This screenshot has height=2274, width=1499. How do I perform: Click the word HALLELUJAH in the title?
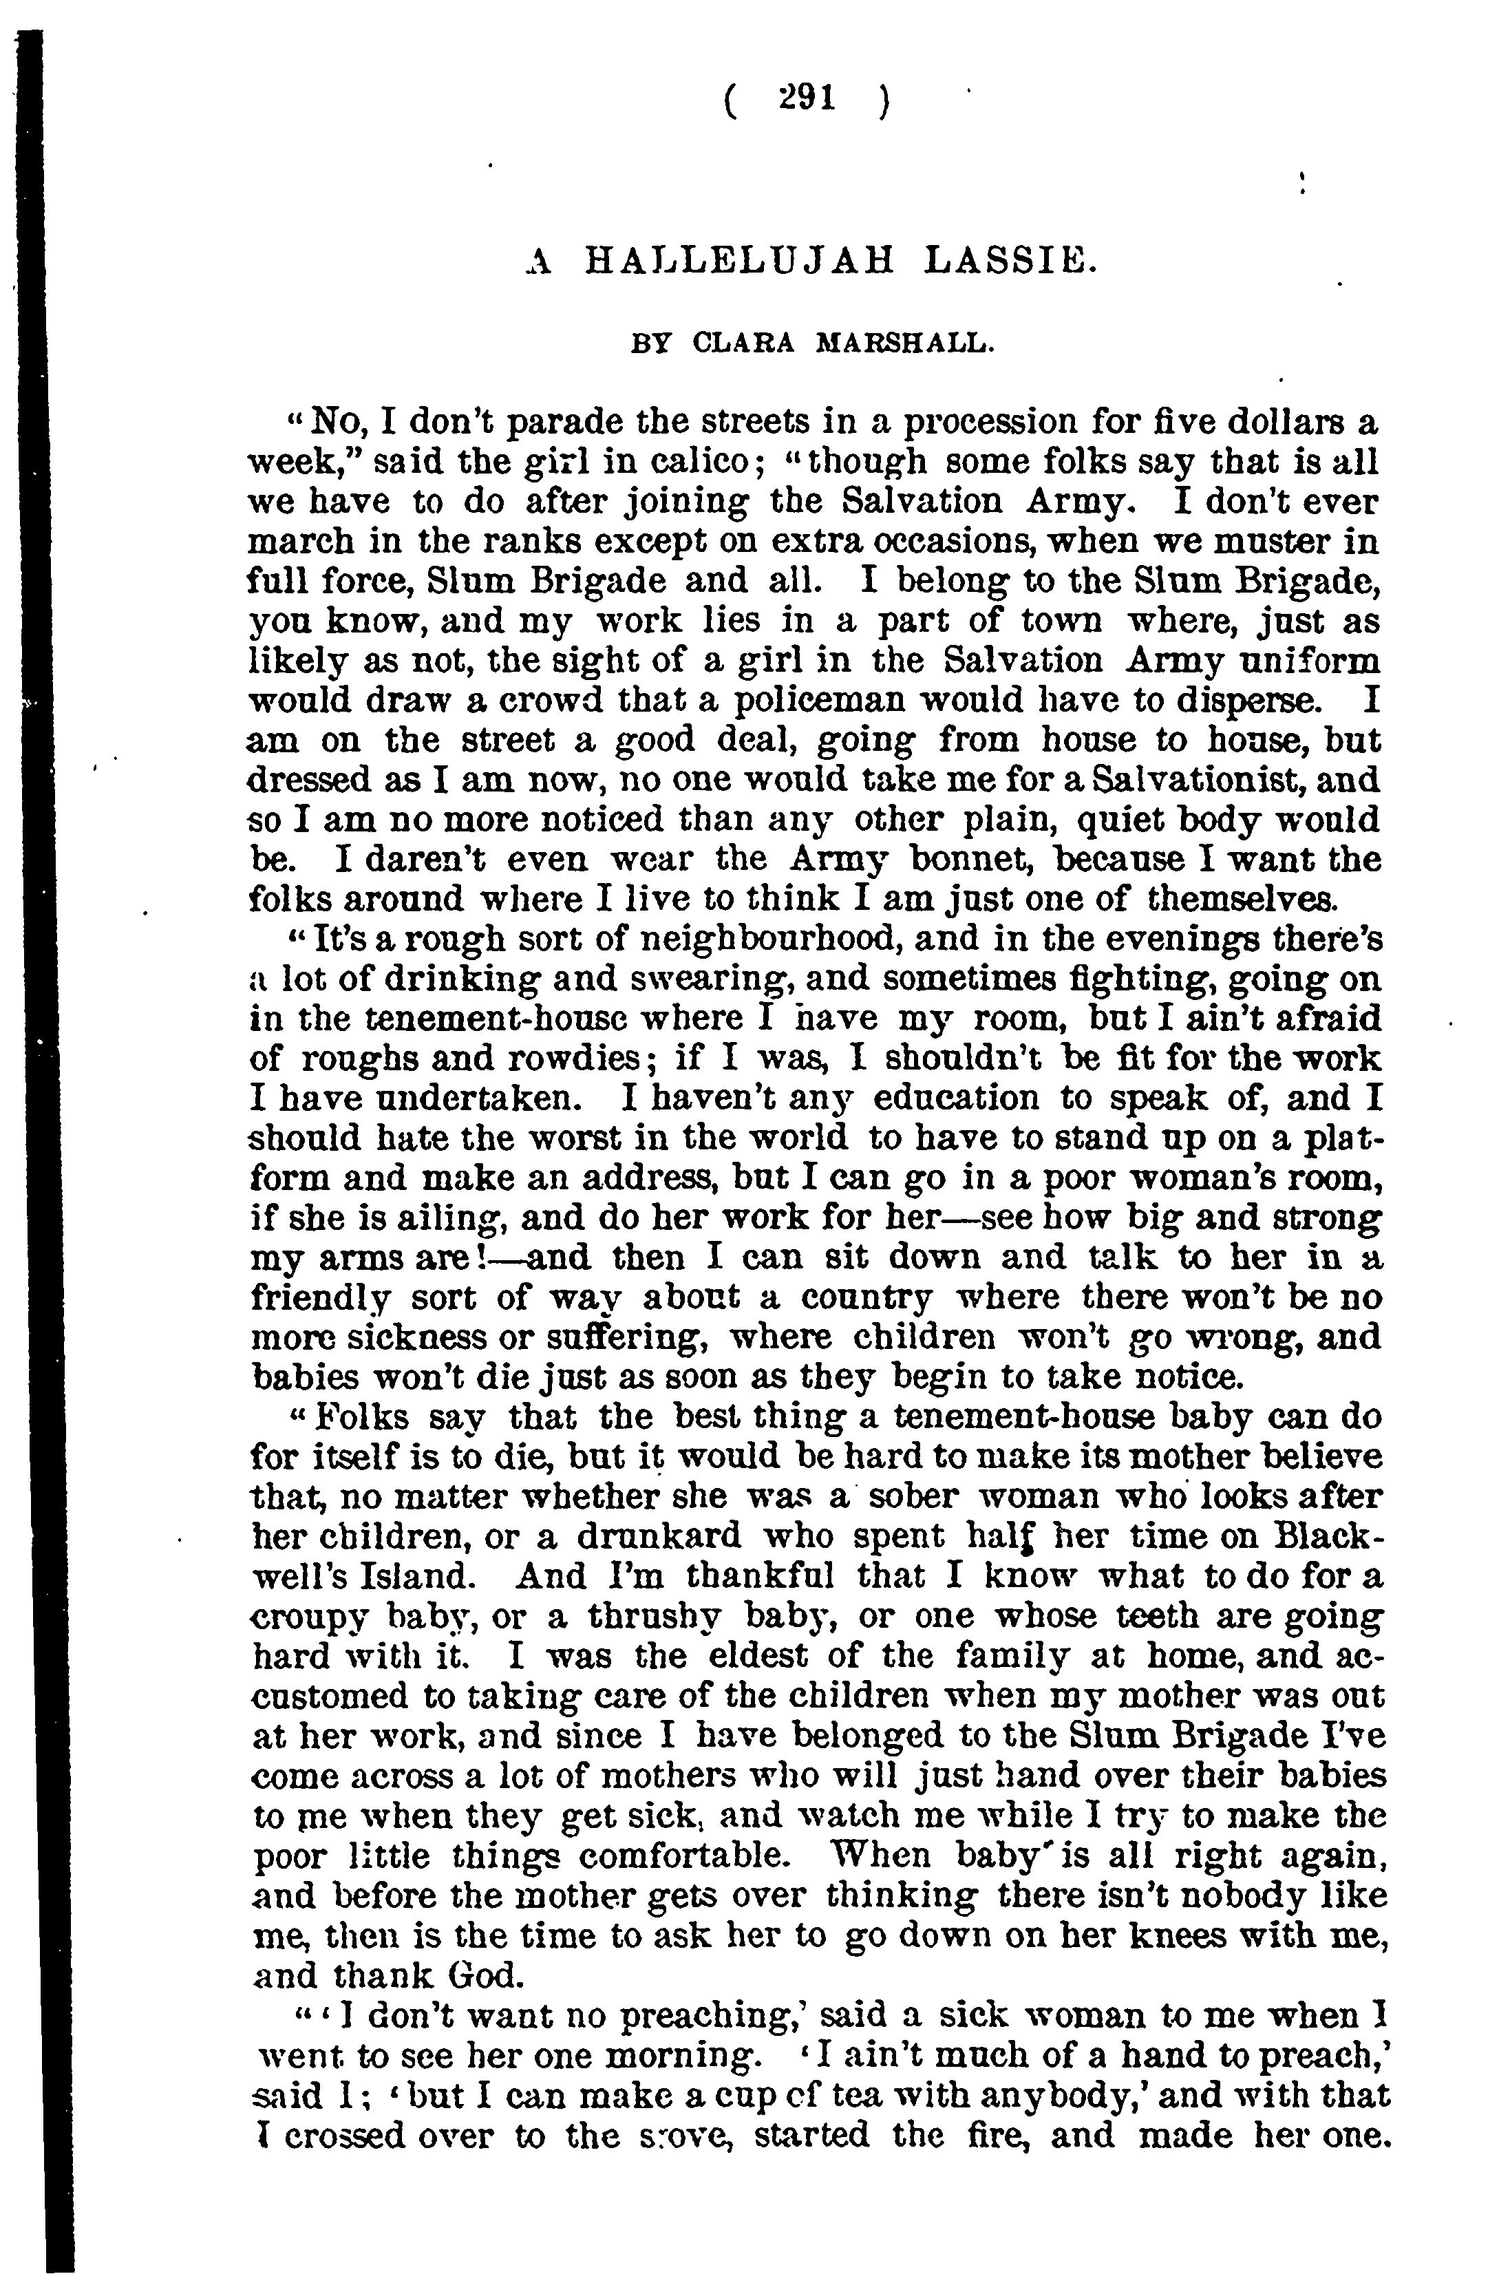(739, 260)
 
